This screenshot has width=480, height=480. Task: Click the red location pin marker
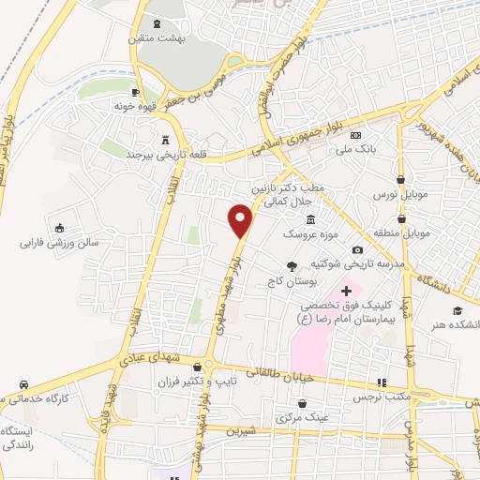click(241, 220)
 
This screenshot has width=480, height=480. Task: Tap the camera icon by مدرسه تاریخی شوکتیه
click(358, 249)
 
